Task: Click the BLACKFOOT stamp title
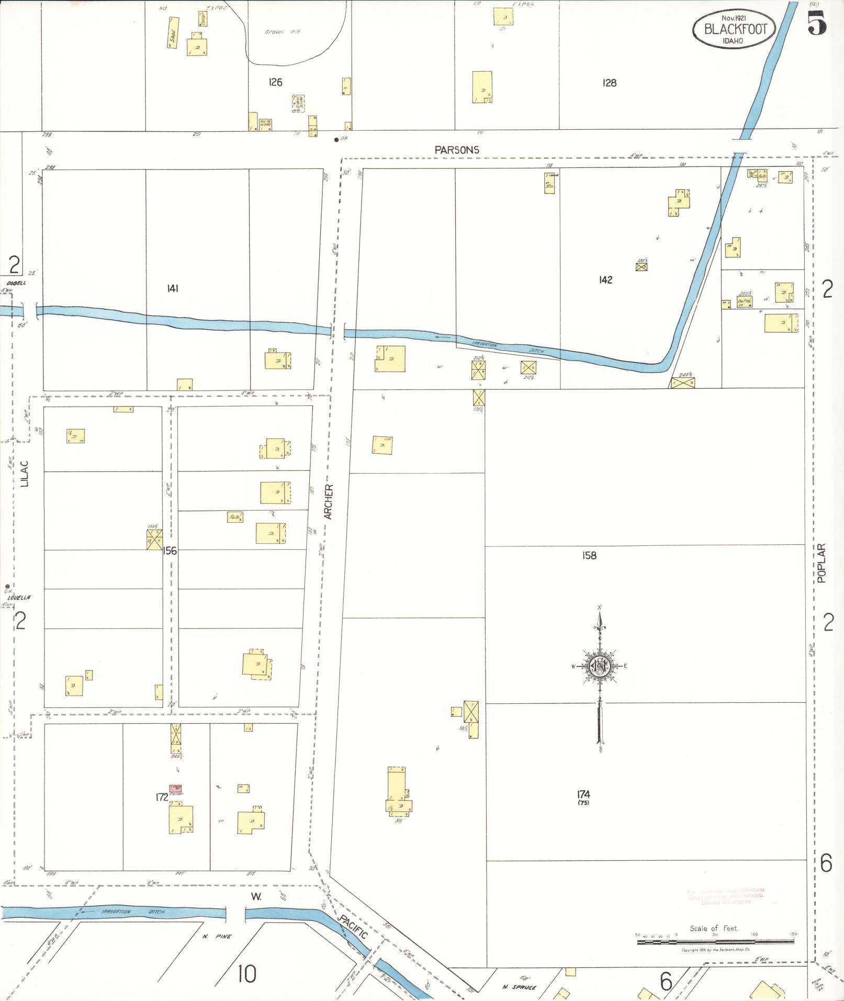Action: point(735,29)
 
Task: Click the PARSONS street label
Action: point(457,150)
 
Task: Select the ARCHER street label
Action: point(329,502)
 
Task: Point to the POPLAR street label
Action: point(821,563)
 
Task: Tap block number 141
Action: point(173,288)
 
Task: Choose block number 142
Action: point(605,280)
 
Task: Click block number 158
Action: point(589,555)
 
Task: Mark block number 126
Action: point(275,82)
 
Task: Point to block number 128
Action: point(609,83)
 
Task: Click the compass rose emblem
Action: point(599,667)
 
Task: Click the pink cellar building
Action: point(175,788)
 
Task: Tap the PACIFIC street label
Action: point(352,927)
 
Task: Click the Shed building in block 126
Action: point(173,32)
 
